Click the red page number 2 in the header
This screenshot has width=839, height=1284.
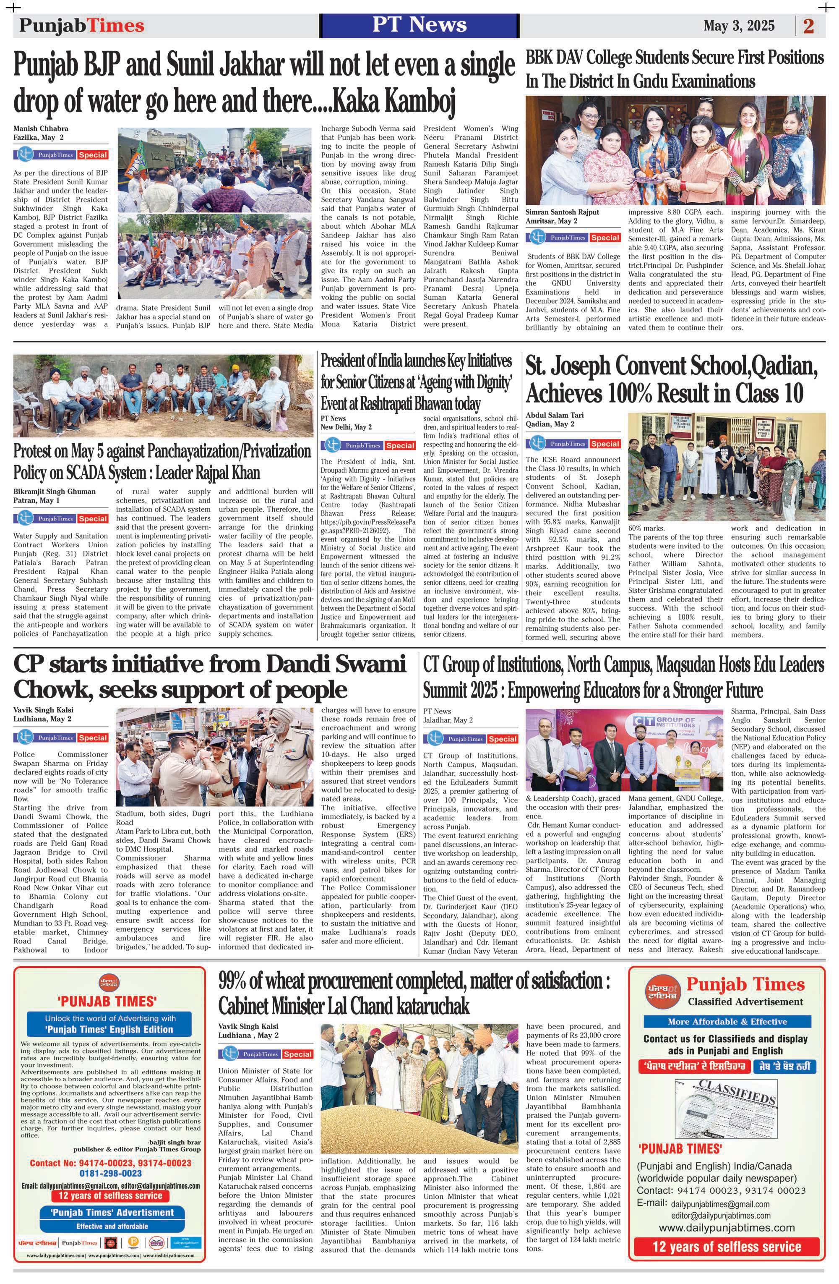coord(808,26)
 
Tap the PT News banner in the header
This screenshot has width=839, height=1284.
coord(419,25)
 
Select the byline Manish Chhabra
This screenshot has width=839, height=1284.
coord(41,129)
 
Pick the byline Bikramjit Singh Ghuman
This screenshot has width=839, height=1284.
coord(55,492)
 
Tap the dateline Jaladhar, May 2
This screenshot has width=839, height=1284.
coord(448,720)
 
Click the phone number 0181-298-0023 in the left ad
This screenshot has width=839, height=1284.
coord(110,1174)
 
